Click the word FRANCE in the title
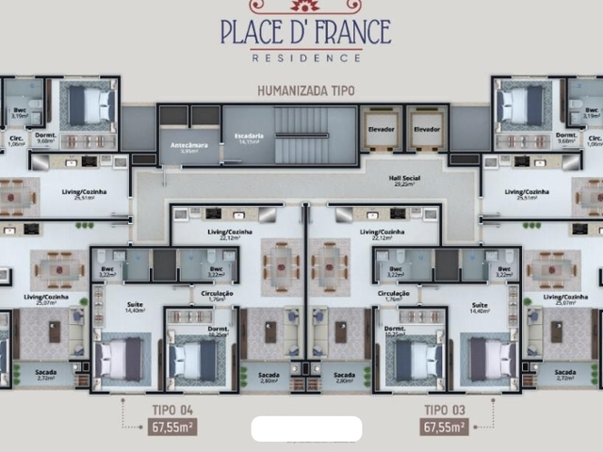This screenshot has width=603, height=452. tap(339, 31)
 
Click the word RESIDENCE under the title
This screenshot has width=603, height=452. tap(306, 57)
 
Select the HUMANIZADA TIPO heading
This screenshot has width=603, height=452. tap(306, 91)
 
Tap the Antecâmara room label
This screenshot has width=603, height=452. tap(189, 147)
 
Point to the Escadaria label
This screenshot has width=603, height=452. tap(249, 138)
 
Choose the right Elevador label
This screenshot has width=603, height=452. tap(427, 129)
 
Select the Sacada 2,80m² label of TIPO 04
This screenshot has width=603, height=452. tap(269, 377)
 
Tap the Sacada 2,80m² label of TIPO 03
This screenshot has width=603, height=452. tap(343, 377)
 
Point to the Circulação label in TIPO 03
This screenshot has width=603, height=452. tap(393, 296)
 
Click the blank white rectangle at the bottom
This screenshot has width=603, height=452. tap(306, 429)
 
